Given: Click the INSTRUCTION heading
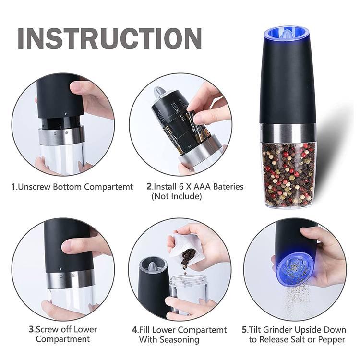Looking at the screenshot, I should coord(109,38).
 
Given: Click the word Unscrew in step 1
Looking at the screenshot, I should coord(33,187).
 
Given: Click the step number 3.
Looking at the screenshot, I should coord(31,329).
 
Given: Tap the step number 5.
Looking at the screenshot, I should coord(244,329).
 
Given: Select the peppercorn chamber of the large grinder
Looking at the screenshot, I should coord(288,170).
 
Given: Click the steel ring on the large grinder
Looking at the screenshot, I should coord(288,130).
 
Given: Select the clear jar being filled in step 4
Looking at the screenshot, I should coord(189,293).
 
